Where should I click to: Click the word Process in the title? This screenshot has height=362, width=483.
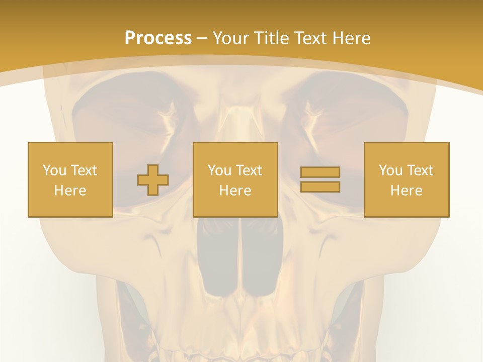158,38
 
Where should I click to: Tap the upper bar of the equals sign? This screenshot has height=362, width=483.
320,172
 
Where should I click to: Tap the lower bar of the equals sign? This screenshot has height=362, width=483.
320,187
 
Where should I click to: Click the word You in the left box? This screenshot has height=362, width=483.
54,170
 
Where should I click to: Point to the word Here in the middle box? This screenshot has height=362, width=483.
235,191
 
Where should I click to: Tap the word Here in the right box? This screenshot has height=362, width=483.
406,191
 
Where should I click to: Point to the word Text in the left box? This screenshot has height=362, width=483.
84,170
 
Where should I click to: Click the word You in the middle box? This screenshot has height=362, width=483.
219,170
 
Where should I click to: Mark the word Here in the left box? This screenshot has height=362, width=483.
70,191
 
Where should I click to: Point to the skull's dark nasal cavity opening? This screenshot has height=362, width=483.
240,256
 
